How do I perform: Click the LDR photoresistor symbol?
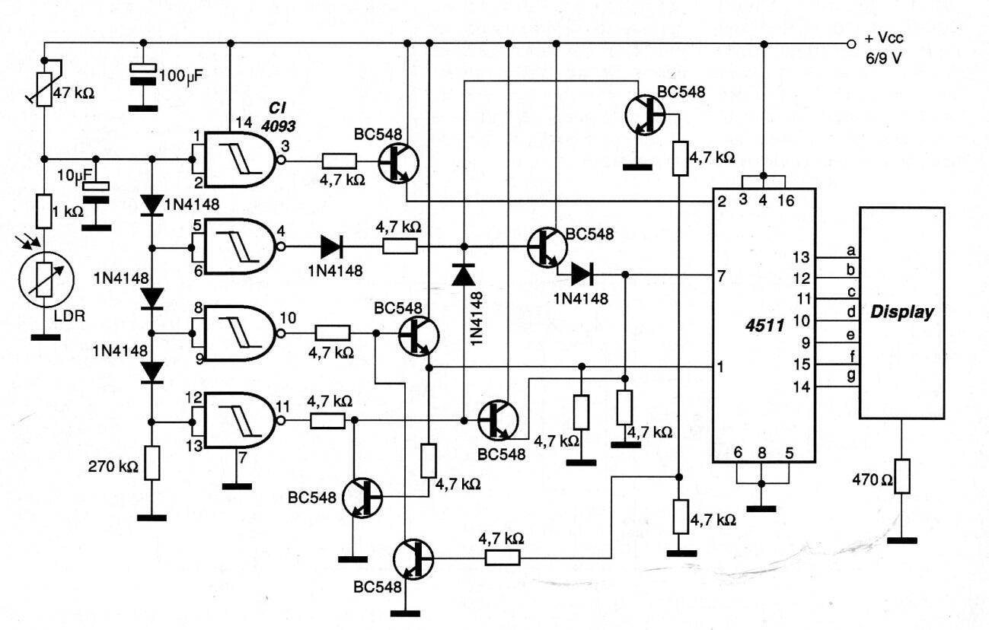click(46, 279)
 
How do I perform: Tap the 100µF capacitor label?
click(181, 76)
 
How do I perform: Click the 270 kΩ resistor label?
click(113, 466)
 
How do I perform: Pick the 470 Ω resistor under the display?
click(902, 476)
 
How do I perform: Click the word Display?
click(902, 313)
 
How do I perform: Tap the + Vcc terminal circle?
click(852, 43)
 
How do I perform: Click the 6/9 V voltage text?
click(883, 59)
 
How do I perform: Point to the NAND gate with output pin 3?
click(238, 159)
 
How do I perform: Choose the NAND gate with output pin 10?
click(238, 333)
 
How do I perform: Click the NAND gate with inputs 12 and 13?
click(238, 421)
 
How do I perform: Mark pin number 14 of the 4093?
click(244, 123)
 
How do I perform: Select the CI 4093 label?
click(278, 117)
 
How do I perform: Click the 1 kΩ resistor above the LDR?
click(43, 212)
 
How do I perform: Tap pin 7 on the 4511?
click(721, 277)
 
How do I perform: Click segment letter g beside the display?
click(850, 375)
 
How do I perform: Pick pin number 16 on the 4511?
click(786, 201)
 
